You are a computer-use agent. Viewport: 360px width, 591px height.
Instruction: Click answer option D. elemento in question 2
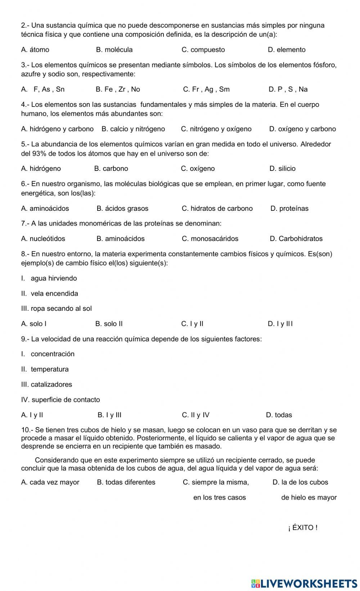pyautogui.click(x=287, y=50)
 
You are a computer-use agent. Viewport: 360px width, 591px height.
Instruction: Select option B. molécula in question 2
pyautogui.click(x=114, y=50)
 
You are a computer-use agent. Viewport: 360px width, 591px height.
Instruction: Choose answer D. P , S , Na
pyautogui.click(x=288, y=89)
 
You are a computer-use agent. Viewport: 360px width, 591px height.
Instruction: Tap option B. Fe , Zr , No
pyautogui.click(x=118, y=89)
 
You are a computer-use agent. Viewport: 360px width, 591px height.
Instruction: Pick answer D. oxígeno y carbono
pyautogui.click(x=302, y=129)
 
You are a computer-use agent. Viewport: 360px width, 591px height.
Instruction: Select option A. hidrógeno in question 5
pyautogui.click(x=41, y=168)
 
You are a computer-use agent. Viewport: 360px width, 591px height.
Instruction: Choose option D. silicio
pyautogui.click(x=282, y=168)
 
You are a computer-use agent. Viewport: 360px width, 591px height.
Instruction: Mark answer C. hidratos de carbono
pyautogui.click(x=217, y=208)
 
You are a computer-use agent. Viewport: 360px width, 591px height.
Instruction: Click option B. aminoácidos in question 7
pyautogui.click(x=121, y=238)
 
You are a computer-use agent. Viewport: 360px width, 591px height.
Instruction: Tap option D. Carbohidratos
pyautogui.click(x=296, y=238)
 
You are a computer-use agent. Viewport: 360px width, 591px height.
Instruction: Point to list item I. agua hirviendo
pyautogui.click(x=49, y=278)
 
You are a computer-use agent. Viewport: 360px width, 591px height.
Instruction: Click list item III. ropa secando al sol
pyautogui.click(x=57, y=308)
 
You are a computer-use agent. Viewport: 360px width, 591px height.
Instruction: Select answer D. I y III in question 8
pyautogui.click(x=280, y=324)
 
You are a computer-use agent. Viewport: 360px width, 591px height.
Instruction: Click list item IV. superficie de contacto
pyautogui.click(x=60, y=400)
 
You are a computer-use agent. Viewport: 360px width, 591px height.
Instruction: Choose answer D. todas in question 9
pyautogui.click(x=279, y=415)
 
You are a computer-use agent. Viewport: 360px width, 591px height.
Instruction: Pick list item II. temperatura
pyautogui.click(x=45, y=369)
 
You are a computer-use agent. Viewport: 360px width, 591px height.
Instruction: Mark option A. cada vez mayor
pyautogui.click(x=50, y=482)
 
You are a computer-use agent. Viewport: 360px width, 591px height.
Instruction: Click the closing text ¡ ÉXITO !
pyautogui.click(x=303, y=528)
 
